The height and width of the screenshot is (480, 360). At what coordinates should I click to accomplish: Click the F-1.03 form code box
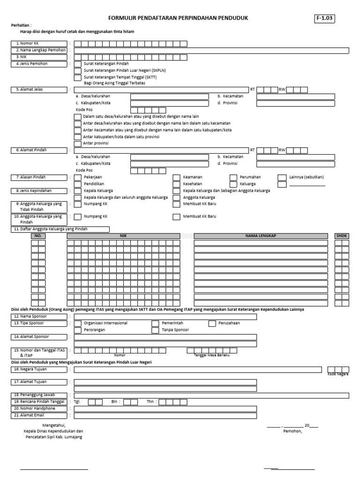tap(325, 19)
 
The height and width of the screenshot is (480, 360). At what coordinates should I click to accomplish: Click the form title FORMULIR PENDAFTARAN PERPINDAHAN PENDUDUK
tap(178, 18)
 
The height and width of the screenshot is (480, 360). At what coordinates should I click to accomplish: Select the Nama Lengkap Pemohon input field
tap(211, 50)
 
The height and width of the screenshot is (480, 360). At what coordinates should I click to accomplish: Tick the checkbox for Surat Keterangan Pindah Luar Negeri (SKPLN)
tap(77, 70)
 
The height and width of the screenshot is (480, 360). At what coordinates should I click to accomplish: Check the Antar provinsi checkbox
tap(77, 143)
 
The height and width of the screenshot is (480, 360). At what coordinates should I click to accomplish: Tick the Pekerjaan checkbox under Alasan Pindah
tap(77, 177)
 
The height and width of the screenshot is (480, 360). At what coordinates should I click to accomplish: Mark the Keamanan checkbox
tap(176, 177)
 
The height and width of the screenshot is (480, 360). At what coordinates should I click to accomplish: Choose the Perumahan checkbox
tap(233, 177)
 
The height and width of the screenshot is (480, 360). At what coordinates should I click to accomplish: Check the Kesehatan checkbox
tap(176, 184)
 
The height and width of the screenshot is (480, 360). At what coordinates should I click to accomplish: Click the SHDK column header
tap(342, 236)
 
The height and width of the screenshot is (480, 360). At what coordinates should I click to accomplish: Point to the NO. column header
tap(38, 236)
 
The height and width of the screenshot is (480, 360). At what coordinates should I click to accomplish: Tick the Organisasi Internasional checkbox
tap(77, 323)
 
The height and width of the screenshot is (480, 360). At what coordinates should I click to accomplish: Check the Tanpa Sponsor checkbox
tap(155, 330)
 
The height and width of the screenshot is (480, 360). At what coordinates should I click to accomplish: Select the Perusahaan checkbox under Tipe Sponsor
tap(212, 323)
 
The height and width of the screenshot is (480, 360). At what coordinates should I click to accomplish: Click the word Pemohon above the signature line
tap(292, 431)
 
